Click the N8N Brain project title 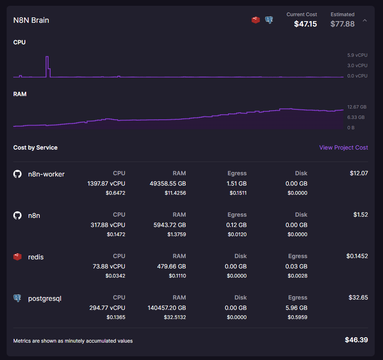click(31, 20)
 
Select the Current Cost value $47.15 click(305, 24)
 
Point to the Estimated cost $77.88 click(342, 24)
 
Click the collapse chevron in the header click(365, 20)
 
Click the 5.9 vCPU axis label click(357, 55)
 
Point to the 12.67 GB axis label click(357, 107)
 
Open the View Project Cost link click(343, 147)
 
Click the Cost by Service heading click(35, 147)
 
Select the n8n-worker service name click(46, 174)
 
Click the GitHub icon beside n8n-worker click(17, 174)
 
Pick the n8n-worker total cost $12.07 click(359, 173)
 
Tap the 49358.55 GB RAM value click(167, 183)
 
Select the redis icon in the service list click(17, 257)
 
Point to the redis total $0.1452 click(357, 256)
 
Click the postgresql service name click(44, 298)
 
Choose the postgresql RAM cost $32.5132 click(175, 317)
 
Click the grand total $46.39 click(356, 340)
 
